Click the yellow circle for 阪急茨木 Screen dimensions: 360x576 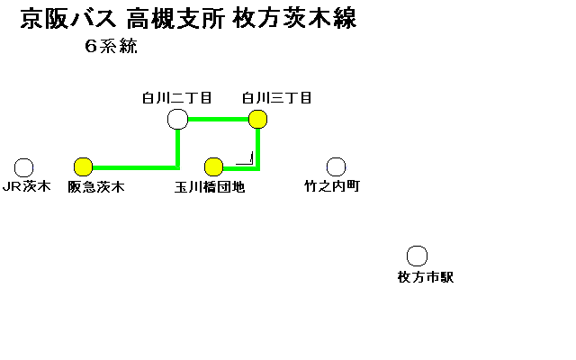coord(84,166)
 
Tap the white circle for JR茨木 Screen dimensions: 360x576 coord(24,167)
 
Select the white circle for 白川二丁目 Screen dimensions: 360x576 coord(177,119)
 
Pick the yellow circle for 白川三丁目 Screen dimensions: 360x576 coord(258,119)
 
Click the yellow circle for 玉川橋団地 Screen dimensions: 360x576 coord(213,166)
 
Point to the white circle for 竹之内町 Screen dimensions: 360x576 coord(336,166)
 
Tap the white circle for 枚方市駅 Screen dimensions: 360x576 coord(417,256)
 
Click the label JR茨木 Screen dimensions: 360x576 coord(25,187)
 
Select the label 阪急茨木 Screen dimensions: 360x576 coord(95,187)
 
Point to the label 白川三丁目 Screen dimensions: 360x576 coord(276,97)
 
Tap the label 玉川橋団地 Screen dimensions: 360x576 coord(210,187)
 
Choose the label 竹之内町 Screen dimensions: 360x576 coord(331,187)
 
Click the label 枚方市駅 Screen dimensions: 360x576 coord(425,277)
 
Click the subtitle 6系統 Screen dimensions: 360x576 coord(112,49)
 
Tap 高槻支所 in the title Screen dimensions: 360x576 coord(175,19)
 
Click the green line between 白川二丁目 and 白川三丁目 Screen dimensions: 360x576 coord(218,119)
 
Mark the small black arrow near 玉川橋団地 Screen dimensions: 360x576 coord(246,160)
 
